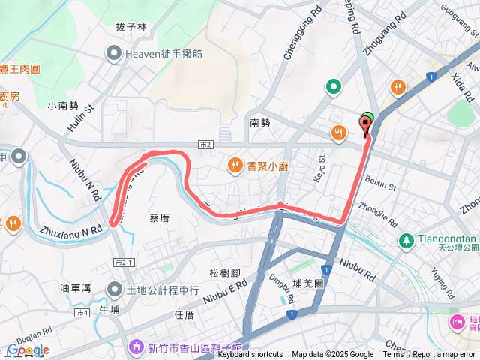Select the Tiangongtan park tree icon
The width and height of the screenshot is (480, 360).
click(406, 240)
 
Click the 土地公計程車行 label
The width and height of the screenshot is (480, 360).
click(162, 289)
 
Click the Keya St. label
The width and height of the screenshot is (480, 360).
click(319, 163)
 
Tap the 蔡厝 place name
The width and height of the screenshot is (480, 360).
click(160, 217)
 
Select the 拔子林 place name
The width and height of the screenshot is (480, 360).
click(130, 27)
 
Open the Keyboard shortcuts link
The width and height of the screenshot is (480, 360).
click(250, 355)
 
